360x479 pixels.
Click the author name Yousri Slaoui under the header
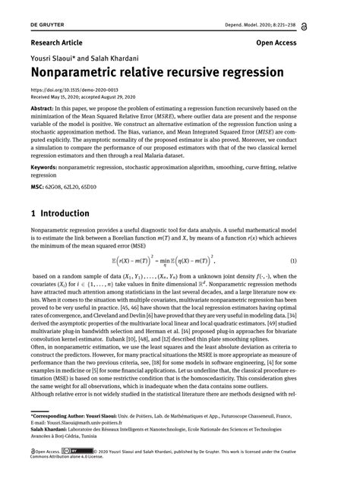pos(53,59)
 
